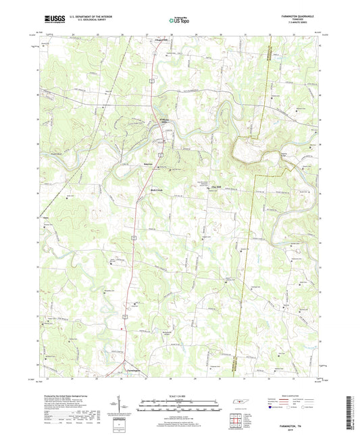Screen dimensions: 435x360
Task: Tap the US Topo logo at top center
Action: click(x=177, y=21)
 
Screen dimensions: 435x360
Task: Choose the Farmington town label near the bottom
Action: click(x=132, y=371)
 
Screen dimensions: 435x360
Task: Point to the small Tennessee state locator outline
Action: click(x=240, y=404)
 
